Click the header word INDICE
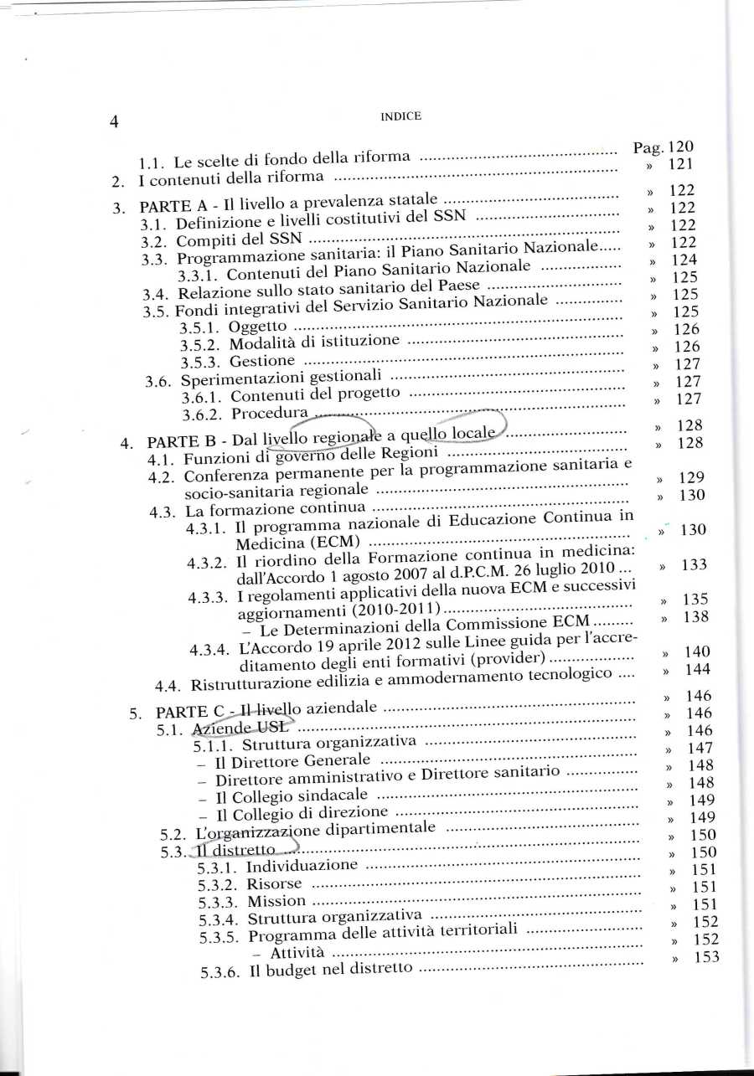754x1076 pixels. pos(400,116)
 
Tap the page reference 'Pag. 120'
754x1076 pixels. pos(663,148)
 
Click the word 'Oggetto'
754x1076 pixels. pos(259,327)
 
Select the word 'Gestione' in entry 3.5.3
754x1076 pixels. pos(262,362)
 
